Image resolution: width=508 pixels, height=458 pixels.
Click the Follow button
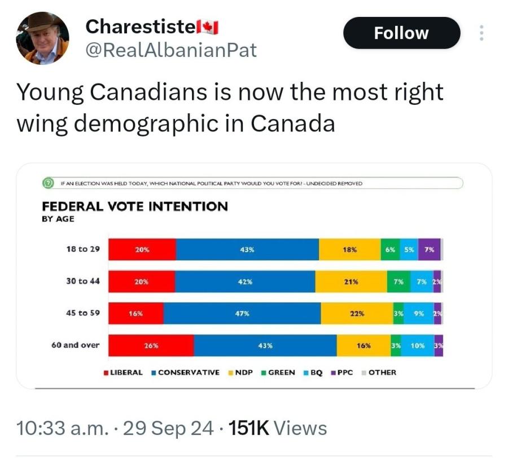pyautogui.click(x=401, y=33)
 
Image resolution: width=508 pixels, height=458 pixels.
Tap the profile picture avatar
pyautogui.click(x=42, y=38)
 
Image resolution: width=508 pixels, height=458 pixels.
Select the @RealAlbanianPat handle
pyautogui.click(x=170, y=51)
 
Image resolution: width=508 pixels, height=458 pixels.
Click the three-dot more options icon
pyautogui.click(x=481, y=33)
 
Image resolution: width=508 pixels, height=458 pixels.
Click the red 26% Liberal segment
pyautogui.click(x=151, y=346)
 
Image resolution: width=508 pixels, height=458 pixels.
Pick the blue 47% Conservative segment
pyautogui.click(x=242, y=314)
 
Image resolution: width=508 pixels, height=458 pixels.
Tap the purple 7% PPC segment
pyautogui.click(x=429, y=249)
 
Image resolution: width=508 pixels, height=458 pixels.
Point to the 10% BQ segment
pyautogui.click(x=418, y=346)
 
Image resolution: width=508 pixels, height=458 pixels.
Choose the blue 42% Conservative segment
pyautogui.click(x=245, y=281)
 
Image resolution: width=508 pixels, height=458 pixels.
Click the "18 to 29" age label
pyautogui.click(x=83, y=248)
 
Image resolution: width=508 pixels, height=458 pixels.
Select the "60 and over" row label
pyautogui.click(x=75, y=345)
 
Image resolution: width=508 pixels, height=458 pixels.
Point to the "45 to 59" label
pyautogui.click(x=83, y=312)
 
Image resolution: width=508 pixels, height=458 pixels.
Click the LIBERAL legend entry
pyautogui.click(x=123, y=372)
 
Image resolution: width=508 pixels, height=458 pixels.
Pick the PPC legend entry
pyautogui.click(x=342, y=372)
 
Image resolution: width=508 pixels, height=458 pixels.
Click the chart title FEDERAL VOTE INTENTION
pyautogui.click(x=135, y=206)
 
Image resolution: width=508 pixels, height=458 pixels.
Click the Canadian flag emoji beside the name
pyautogui.click(x=211, y=27)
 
